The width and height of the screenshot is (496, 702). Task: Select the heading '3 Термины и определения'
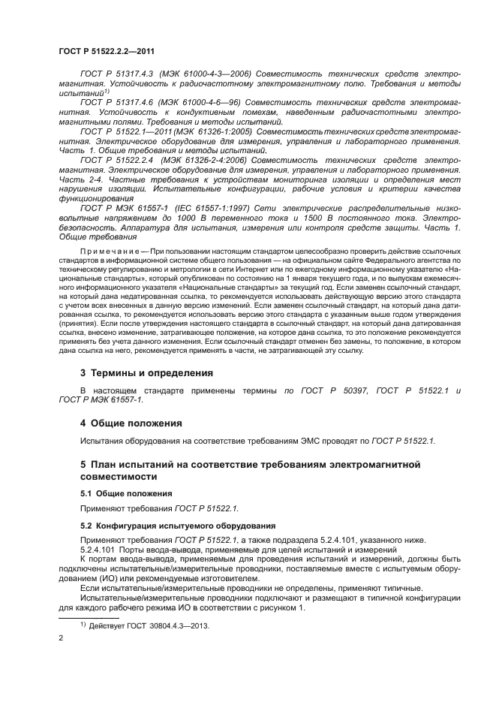coord(146,372)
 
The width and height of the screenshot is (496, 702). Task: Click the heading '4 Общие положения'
coord(131,423)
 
